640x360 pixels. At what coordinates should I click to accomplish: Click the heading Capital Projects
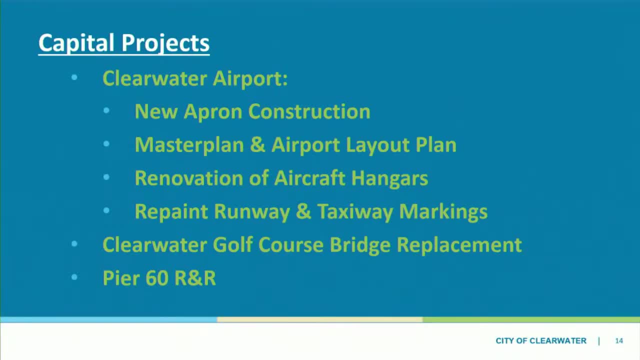point(124,43)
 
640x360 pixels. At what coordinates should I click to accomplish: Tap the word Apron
point(213,112)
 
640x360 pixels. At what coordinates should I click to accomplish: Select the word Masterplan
point(189,145)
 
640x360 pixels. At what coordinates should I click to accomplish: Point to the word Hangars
point(389,179)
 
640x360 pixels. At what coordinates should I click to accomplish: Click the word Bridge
point(360,245)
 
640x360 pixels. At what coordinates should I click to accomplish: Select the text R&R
point(195,278)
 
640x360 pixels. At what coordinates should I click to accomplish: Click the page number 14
point(619,341)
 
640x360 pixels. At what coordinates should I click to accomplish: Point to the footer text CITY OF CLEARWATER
point(541,341)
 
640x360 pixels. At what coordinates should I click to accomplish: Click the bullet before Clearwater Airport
point(74,77)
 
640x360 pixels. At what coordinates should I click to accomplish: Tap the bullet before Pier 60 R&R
point(74,277)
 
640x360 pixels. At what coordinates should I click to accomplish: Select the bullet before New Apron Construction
point(106,110)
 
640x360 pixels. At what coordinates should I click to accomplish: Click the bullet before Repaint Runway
point(106,210)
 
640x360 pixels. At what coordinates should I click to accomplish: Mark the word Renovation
point(189,178)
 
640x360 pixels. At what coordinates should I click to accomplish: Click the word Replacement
point(459,245)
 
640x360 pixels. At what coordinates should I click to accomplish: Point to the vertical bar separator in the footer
point(599,341)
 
